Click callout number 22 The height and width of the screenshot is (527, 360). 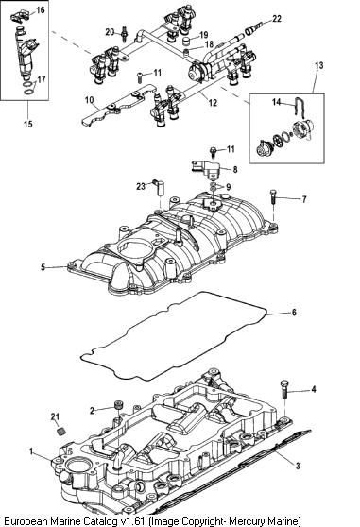277,19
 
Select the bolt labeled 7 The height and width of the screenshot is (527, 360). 273,196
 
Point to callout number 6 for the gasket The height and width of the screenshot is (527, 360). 294,313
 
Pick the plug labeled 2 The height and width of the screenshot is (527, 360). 118,405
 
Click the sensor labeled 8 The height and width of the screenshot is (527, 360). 205,169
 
